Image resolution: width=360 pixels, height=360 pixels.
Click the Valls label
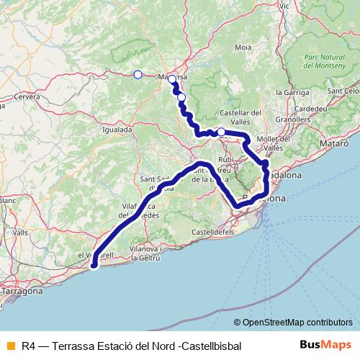point(20,233)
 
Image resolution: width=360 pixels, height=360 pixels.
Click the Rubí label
point(226,158)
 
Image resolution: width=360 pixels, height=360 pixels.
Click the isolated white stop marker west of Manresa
point(138,73)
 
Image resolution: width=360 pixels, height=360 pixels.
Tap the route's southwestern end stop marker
point(94,267)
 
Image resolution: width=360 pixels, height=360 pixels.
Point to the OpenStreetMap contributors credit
point(294,322)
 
